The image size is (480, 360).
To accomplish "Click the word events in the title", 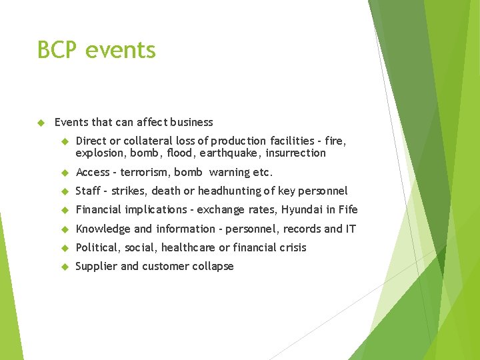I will coord(121,50).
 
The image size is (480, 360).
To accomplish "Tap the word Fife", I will coord(348,209).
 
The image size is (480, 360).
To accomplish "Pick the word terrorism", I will coord(144,172).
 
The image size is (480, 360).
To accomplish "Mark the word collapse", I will coord(213,266).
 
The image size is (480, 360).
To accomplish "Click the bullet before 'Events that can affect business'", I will coord(41,123).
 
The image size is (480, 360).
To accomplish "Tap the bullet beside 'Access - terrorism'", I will coord(65,172).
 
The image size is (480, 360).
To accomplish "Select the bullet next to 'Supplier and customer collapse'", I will coord(65,267).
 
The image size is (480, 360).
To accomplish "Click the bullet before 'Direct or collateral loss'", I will coord(65,141).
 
